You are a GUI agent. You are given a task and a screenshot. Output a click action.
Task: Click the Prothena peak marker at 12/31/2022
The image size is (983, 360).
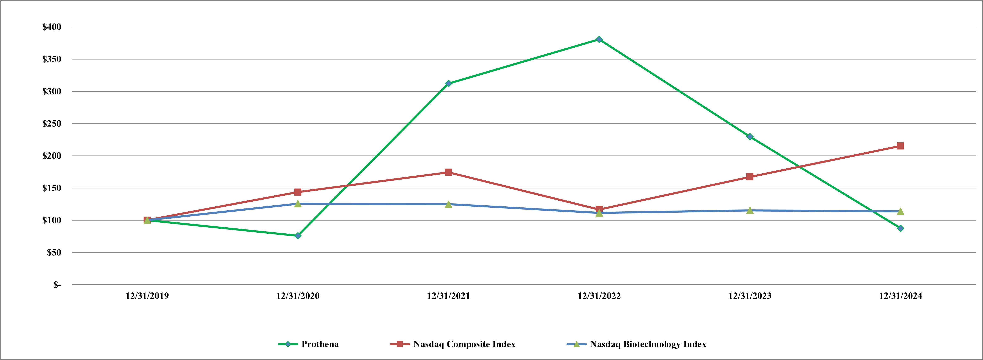[x=599, y=39]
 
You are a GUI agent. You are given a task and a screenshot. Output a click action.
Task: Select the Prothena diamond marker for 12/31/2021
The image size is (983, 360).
[x=448, y=83]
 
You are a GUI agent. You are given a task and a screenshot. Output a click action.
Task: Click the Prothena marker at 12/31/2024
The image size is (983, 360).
[x=900, y=228]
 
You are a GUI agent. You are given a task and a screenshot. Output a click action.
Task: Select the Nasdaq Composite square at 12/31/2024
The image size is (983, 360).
[x=900, y=146]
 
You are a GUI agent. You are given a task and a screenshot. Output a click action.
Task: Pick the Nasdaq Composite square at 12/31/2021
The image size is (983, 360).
[x=448, y=172]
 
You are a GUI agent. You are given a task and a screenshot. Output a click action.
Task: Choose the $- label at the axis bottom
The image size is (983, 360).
[x=57, y=285]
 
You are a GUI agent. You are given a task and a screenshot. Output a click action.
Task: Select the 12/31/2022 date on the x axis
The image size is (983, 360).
[x=599, y=296]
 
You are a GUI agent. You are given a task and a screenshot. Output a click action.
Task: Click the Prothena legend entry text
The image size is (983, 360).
[x=320, y=344]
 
